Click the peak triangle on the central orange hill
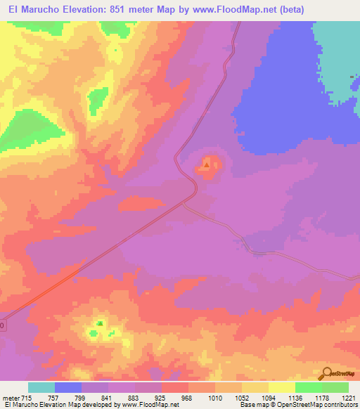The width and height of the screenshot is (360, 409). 206,165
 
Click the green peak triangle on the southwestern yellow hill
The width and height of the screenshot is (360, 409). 100,324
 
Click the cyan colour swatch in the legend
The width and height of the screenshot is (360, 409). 41,387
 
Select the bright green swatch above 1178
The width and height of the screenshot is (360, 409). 308,387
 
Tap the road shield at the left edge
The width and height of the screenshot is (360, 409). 2,325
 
